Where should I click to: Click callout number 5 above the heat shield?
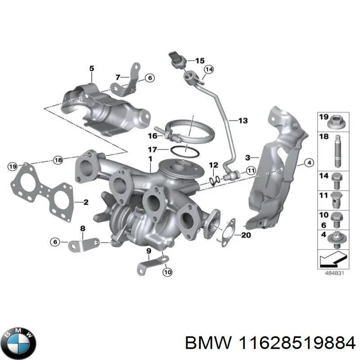point(91,69)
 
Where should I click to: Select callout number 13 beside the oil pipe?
point(243,121)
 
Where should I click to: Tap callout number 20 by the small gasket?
point(246,235)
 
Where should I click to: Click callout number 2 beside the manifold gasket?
point(85,202)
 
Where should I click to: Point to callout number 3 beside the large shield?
point(247,157)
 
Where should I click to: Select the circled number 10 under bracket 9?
point(167,272)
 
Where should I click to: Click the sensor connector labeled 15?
point(176,59)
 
